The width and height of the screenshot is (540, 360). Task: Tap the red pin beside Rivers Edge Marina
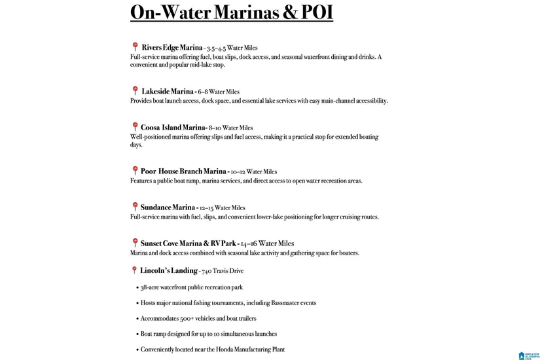tap(135, 47)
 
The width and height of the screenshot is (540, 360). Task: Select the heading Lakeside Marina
tap(168, 92)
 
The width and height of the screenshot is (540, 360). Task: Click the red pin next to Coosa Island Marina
tap(135, 127)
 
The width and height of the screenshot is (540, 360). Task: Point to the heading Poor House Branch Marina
tap(183, 171)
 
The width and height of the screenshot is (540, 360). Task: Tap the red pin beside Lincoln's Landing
tap(135, 270)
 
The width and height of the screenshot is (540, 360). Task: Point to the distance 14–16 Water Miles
tap(267, 243)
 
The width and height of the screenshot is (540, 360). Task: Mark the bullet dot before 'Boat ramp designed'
tap(136, 334)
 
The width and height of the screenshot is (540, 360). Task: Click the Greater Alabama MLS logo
tap(528, 355)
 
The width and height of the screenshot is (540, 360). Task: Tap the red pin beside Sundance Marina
tap(135, 207)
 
